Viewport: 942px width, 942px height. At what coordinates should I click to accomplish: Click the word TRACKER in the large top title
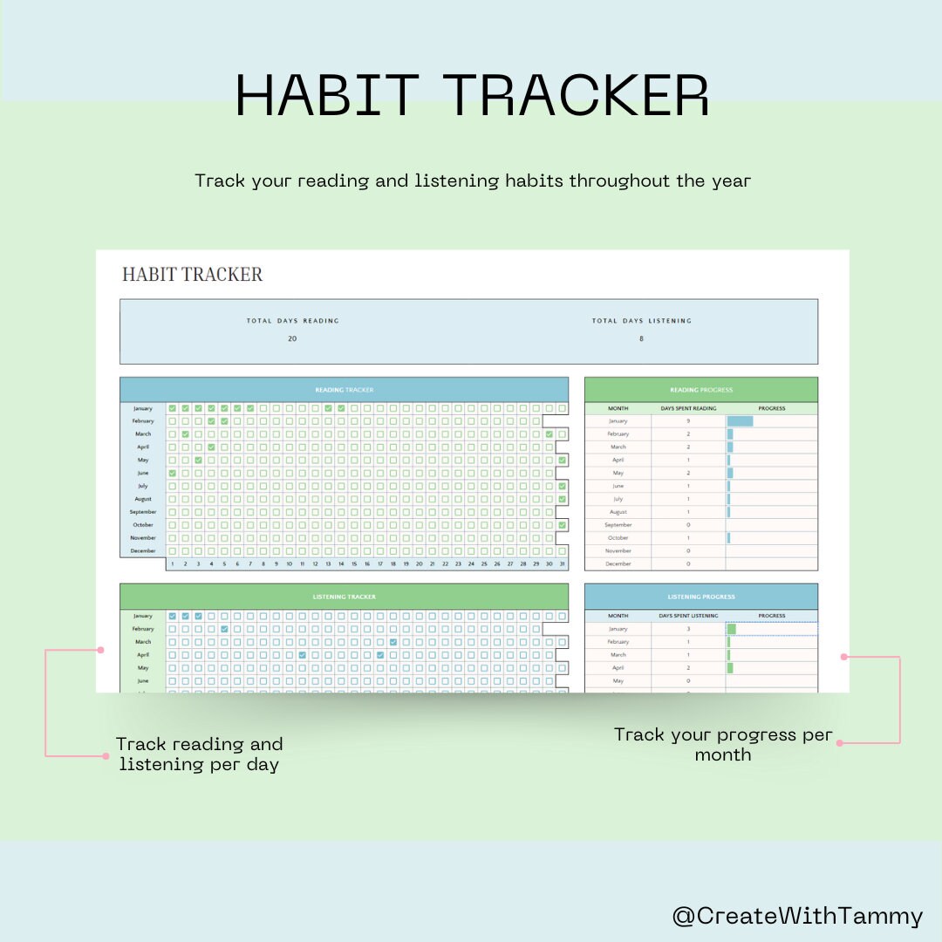[576, 95]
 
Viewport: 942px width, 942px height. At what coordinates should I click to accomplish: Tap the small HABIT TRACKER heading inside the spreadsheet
[192, 274]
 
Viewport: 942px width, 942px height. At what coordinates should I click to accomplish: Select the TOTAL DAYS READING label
[292, 321]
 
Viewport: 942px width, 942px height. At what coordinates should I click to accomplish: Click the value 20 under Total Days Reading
[292, 338]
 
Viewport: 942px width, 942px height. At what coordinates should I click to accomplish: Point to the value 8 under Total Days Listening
[641, 338]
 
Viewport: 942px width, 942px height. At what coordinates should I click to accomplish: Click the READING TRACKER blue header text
[344, 390]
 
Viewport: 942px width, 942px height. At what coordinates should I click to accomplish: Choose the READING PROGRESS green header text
[700, 390]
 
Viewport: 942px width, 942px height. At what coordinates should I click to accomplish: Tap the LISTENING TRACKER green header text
[344, 597]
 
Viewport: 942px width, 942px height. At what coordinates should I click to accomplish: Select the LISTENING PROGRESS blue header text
[700, 597]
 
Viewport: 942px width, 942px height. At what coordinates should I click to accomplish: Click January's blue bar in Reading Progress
[740, 421]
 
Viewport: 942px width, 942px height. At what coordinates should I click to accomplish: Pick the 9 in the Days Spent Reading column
[687, 421]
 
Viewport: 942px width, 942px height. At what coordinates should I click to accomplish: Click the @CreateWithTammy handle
[797, 916]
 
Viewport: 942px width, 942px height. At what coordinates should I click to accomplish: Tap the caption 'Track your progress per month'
[723, 744]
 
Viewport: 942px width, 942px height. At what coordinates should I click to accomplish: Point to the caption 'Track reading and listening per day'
[199, 754]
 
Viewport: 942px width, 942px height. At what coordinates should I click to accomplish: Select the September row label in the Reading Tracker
[143, 512]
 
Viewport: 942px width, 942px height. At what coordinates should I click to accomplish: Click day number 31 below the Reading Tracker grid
[562, 564]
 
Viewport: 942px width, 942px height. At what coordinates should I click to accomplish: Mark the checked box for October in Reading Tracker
[563, 525]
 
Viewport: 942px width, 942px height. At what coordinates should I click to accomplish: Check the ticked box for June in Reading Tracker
[173, 473]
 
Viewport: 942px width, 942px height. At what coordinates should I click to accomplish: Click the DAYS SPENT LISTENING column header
[687, 616]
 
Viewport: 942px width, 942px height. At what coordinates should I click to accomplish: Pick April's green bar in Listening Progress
[730, 668]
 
